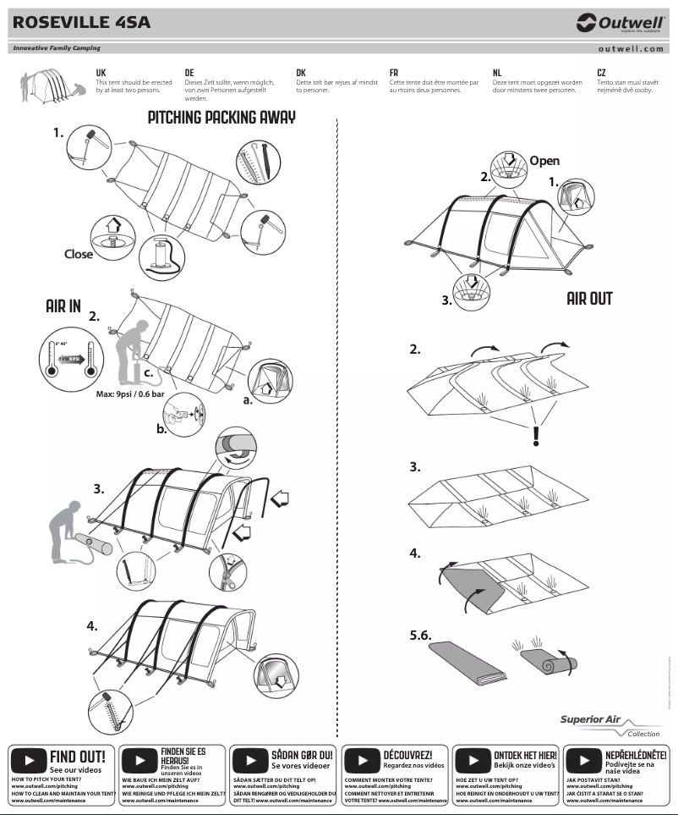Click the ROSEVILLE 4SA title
click(81, 23)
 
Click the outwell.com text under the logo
click(630, 49)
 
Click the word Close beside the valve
click(79, 253)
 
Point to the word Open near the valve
click(544, 161)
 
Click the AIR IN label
click(63, 306)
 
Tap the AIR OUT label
click(589, 299)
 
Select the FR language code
click(394, 74)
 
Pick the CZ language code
click(602, 74)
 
